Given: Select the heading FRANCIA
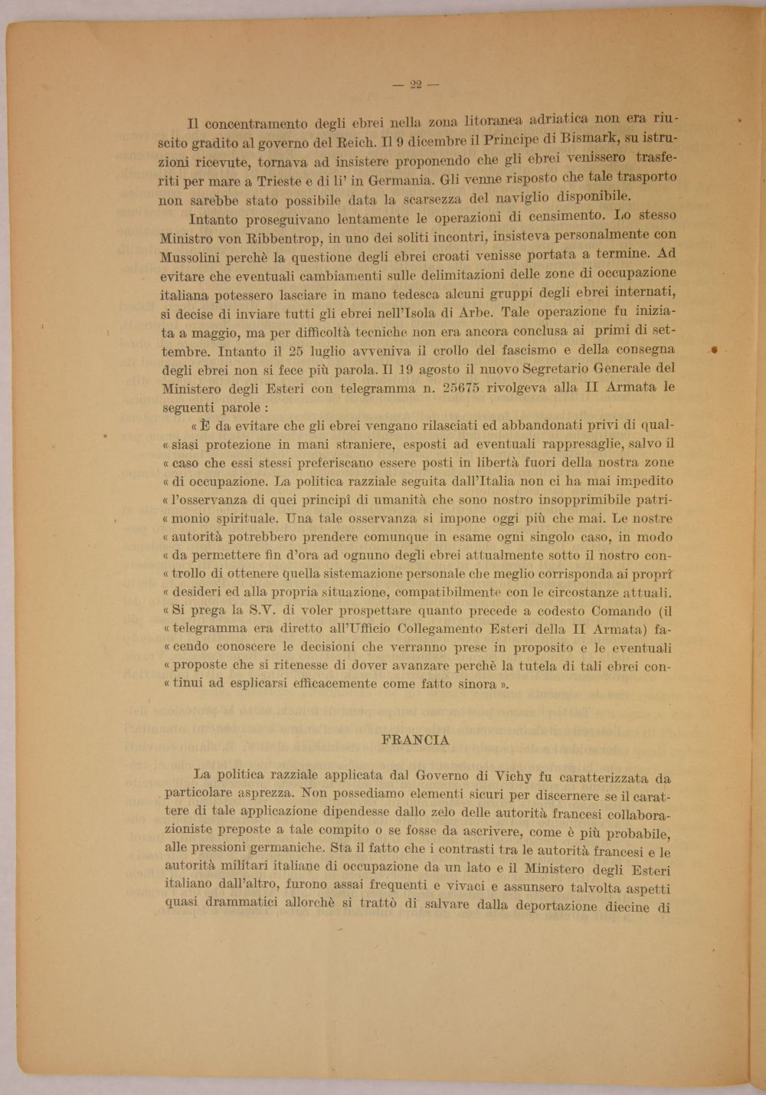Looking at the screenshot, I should coord(414,740).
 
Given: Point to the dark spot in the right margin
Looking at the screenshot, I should coord(714,349).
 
